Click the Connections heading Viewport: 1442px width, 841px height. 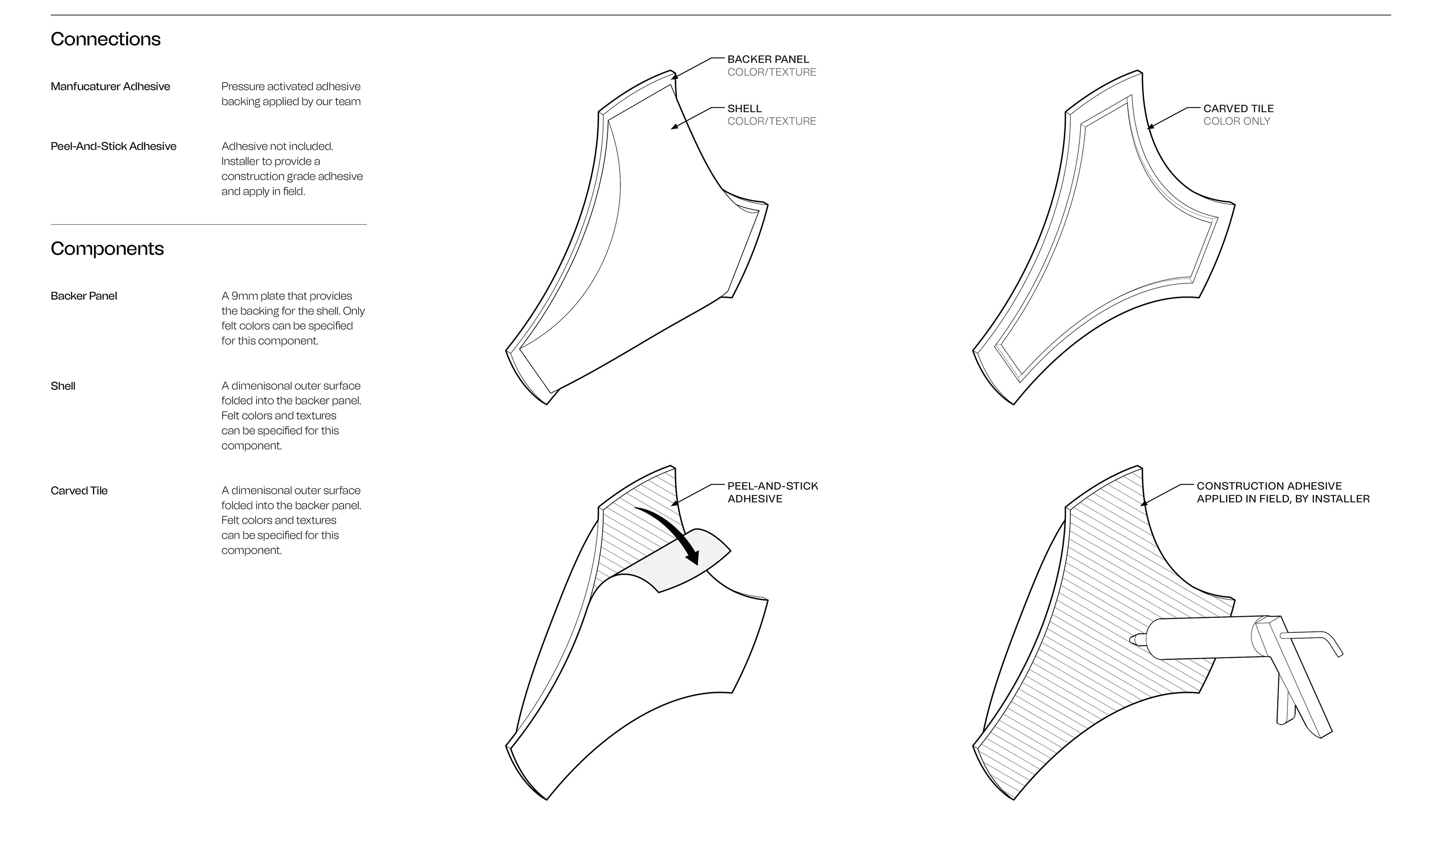pyautogui.click(x=106, y=39)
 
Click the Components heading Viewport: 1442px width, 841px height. pyautogui.click(x=107, y=248)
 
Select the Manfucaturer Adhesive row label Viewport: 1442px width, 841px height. pyautogui.click(x=110, y=86)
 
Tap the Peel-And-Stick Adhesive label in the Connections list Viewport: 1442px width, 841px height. pyautogui.click(x=113, y=146)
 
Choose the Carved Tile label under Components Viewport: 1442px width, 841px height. pyautogui.click(x=79, y=491)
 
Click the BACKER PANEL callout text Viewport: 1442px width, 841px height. pyautogui.click(x=768, y=59)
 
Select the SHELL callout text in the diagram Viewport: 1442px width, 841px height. pyautogui.click(x=744, y=108)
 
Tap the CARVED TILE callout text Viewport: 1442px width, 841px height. pyautogui.click(x=1238, y=108)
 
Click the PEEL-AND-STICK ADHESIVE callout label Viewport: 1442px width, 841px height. pyautogui.click(x=772, y=492)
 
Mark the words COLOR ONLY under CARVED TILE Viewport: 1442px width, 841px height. pyautogui.click(x=1237, y=121)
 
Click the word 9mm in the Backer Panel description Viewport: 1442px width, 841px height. pyautogui.click(x=244, y=296)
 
